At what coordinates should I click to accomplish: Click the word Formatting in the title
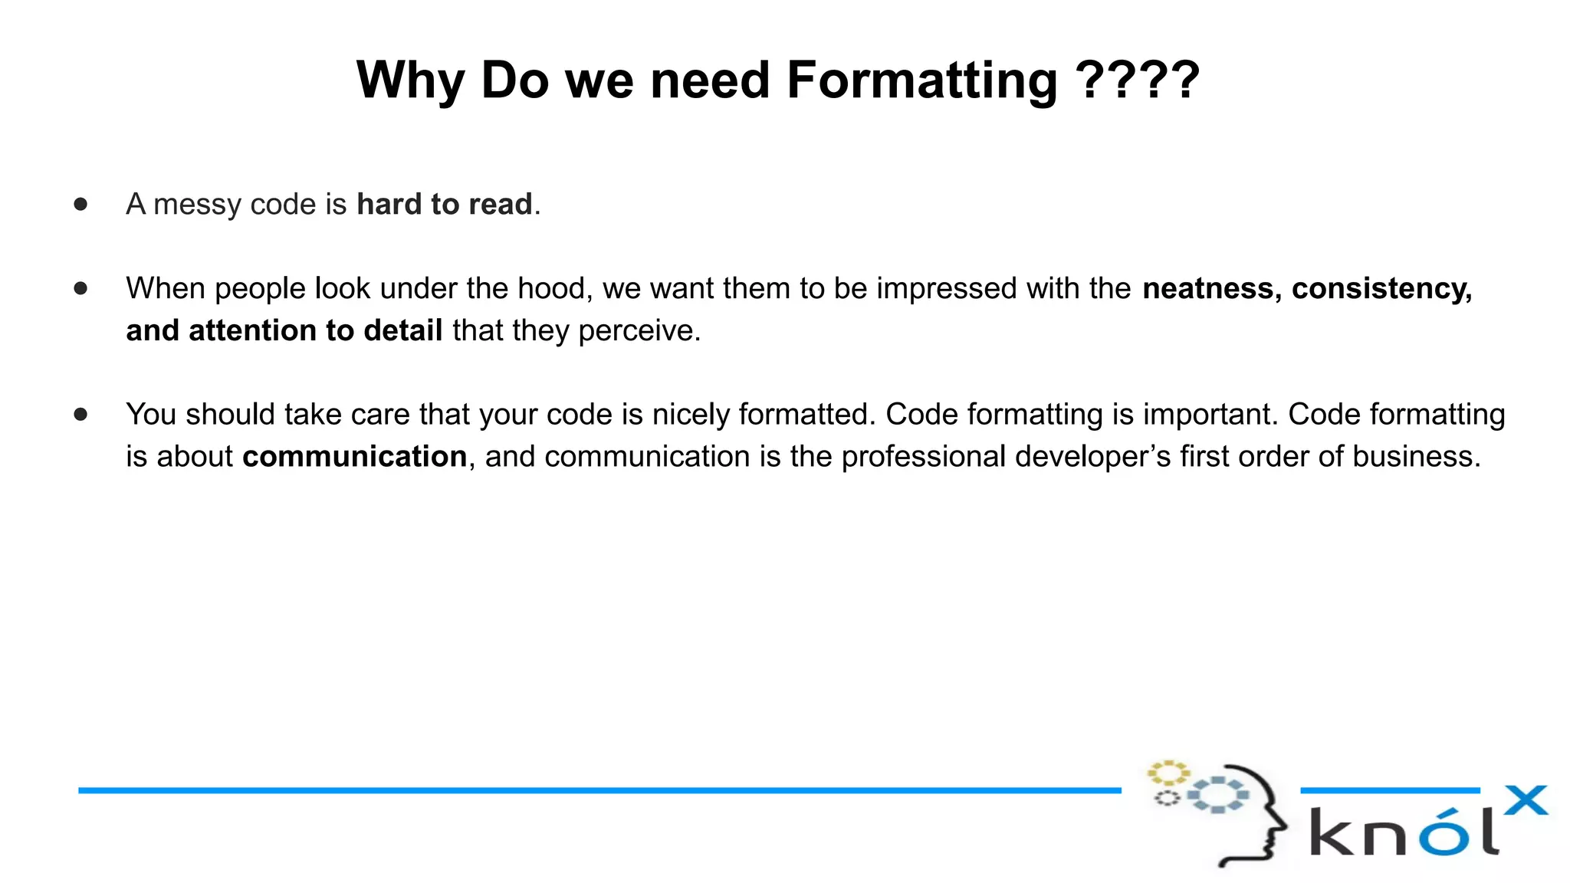922,81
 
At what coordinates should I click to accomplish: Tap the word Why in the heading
410,81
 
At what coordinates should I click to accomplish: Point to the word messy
198,205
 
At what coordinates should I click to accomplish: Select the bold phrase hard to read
445,205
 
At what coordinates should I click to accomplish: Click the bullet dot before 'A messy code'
80,204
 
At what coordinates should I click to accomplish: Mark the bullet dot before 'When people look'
80,288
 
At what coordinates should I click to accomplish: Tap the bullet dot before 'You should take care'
80,414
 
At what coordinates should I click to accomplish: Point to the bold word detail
402,331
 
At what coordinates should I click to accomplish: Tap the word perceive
638,331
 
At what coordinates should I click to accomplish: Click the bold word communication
355,457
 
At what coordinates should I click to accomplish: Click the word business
1415,457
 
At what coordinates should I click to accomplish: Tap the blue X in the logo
1526,802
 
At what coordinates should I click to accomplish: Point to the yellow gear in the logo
1168,773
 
